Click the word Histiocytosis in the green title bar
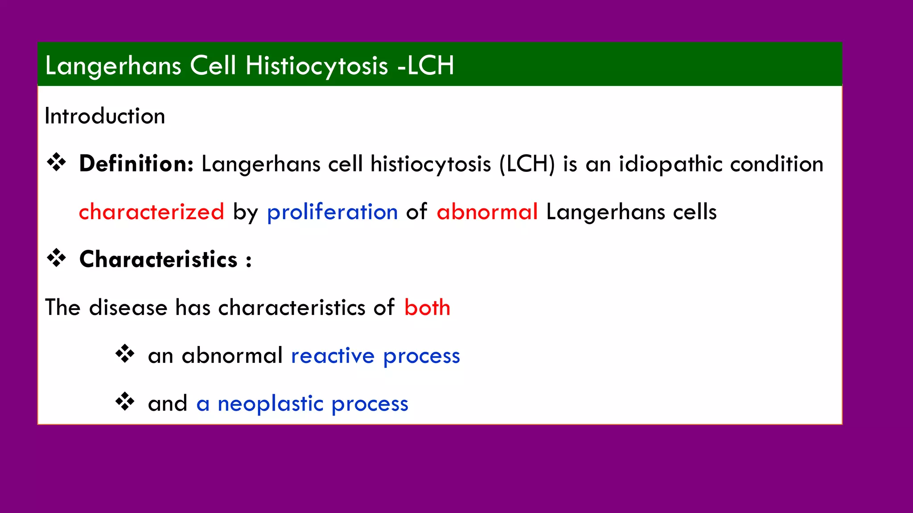(317, 65)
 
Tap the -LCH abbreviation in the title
(426, 65)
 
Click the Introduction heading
(105, 116)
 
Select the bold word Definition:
(136, 163)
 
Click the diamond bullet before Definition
(57, 162)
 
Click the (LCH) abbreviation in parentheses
(527, 164)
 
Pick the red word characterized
(151, 212)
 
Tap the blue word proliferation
(332, 212)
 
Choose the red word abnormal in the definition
(487, 212)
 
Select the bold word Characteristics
(158, 259)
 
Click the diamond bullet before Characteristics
(57, 258)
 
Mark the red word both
(427, 307)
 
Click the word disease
(128, 307)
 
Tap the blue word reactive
(333, 356)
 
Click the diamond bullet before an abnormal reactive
(125, 354)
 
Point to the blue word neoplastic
(270, 403)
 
